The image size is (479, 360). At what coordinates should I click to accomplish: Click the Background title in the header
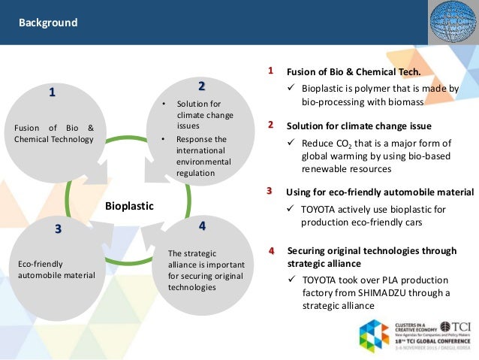click(48, 23)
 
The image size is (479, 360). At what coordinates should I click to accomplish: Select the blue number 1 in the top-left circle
click(52, 92)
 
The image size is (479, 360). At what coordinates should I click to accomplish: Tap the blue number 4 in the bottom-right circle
click(202, 225)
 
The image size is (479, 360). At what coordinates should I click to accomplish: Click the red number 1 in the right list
click(271, 71)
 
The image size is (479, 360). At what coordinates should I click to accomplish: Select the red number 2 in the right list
click(271, 125)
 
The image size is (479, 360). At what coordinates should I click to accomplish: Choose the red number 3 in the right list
click(270, 191)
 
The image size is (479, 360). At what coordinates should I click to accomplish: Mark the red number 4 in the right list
click(271, 250)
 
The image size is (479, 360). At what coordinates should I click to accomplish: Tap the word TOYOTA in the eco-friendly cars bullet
click(320, 209)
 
